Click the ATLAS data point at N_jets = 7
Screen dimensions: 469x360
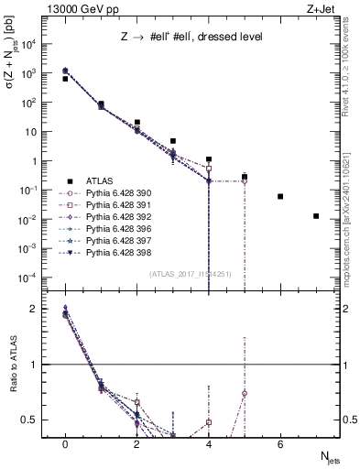point(316,216)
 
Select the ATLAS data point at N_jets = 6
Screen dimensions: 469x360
point(280,196)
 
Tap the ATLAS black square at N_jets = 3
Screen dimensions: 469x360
point(173,141)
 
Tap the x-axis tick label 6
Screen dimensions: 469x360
point(280,444)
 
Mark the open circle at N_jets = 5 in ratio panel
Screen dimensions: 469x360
point(245,393)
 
